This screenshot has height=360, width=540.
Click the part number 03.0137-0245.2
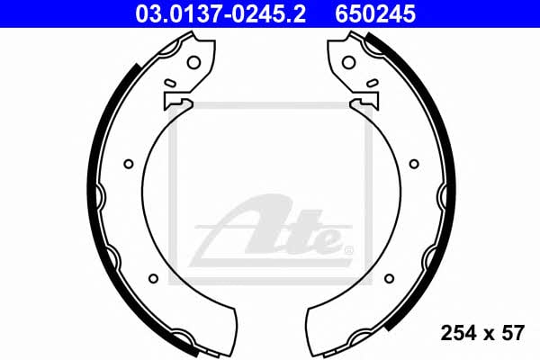(x=220, y=14)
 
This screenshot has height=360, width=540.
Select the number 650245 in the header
(x=375, y=14)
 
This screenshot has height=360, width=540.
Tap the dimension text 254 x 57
(x=482, y=333)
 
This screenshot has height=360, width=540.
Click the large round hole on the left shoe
(x=193, y=62)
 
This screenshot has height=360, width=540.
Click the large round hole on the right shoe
(x=349, y=62)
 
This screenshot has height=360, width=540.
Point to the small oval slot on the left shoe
(x=169, y=83)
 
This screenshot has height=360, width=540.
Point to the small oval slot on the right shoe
(x=373, y=83)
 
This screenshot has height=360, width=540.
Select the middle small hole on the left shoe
(x=129, y=164)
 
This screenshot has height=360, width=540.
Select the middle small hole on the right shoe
(x=414, y=164)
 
